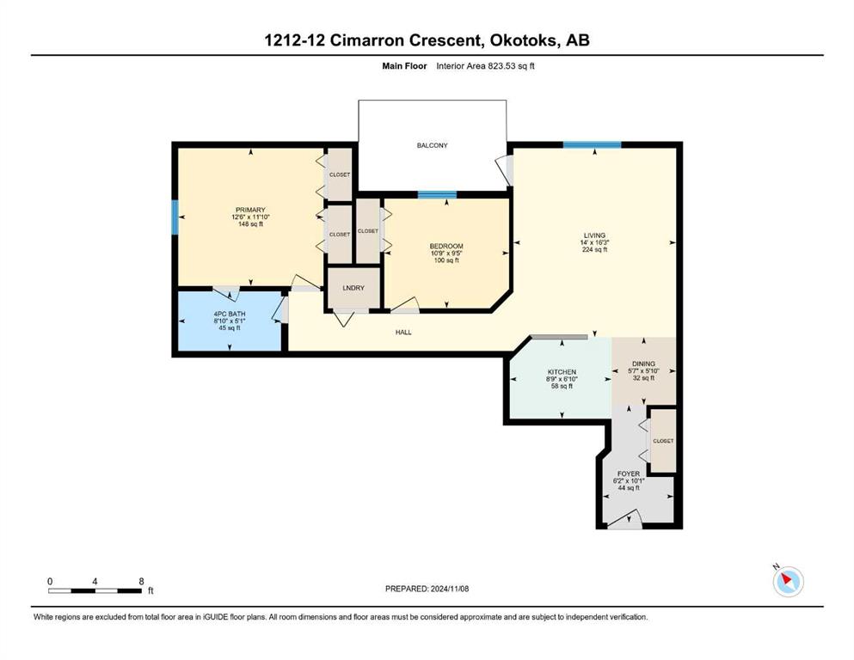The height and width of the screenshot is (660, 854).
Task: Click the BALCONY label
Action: point(432,145)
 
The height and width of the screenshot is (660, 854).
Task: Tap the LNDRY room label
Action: point(353,288)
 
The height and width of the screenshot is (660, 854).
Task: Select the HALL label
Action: point(403,332)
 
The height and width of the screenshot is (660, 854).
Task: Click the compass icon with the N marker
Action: point(788,581)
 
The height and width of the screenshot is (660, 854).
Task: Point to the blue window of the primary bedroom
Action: point(175,217)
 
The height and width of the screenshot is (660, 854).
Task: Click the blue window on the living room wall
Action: point(592,144)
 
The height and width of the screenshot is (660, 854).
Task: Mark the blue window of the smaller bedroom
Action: point(437,195)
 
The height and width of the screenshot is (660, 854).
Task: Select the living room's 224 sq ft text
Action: point(594,250)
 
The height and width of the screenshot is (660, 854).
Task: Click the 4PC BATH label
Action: point(230,314)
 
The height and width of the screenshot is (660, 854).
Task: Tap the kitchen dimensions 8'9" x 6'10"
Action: point(562,379)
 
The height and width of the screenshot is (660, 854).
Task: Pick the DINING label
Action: point(644,364)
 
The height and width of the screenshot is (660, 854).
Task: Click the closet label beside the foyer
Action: point(663,441)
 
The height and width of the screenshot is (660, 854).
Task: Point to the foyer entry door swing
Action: point(624,519)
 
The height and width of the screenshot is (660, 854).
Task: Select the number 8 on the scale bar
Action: point(141,581)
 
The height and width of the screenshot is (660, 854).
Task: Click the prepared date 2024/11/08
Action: point(449,589)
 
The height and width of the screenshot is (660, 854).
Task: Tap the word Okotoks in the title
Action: point(524,40)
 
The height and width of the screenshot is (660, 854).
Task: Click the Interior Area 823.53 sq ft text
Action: point(485,66)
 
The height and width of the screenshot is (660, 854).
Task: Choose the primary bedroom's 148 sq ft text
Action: point(250,223)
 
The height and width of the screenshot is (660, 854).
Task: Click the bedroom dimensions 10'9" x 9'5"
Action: point(446,253)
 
